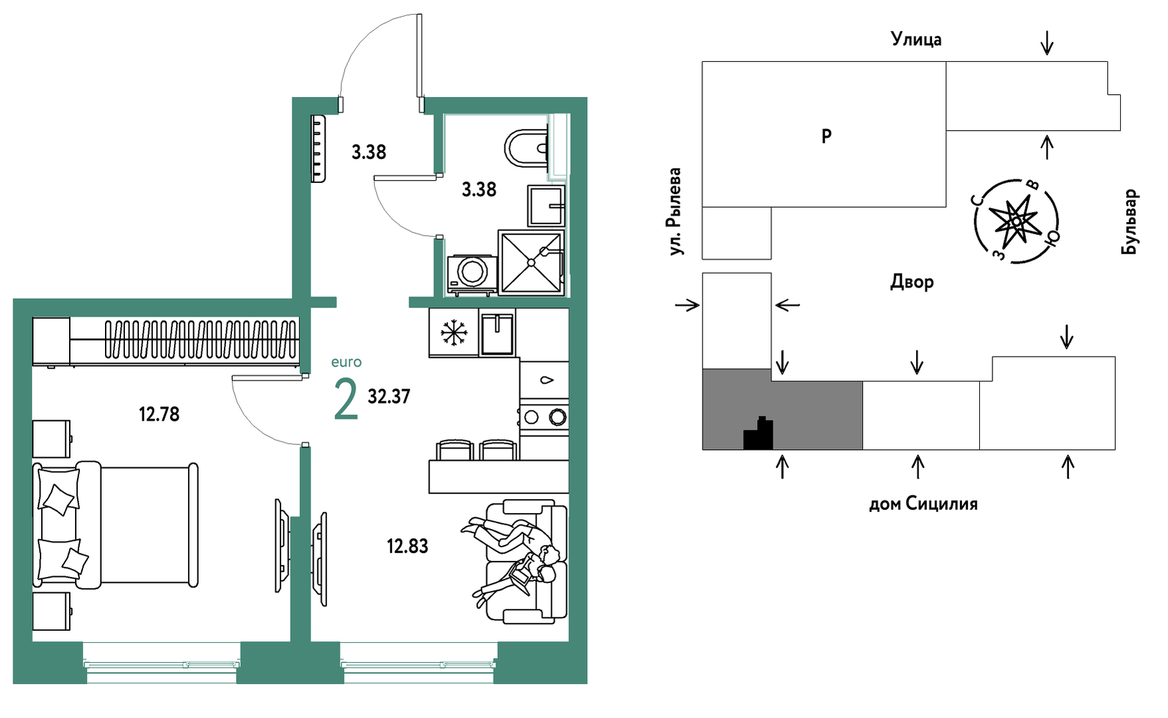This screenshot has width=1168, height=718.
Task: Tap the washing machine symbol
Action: click(472, 274)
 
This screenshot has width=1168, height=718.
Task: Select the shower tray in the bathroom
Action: click(531, 262)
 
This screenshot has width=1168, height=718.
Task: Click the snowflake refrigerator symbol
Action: click(454, 331)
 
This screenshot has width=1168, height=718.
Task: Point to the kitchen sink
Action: click(497, 333)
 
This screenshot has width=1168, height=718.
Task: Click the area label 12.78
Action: click(159, 415)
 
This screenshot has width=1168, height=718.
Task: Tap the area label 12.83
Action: click(408, 546)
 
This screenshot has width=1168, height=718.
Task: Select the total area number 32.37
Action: click(389, 397)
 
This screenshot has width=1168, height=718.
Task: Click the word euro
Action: click(346, 362)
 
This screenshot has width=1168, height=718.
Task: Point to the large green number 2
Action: click(346, 400)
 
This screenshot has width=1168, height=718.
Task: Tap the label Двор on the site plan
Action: click(912, 282)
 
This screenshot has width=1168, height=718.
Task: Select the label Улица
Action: click(916, 39)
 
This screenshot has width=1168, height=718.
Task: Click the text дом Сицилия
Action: click(923, 504)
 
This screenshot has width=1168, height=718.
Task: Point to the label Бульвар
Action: click(1129, 222)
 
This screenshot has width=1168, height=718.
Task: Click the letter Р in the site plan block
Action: click(826, 136)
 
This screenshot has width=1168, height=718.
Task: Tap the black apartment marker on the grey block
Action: click(759, 433)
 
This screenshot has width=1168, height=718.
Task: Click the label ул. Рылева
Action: click(675, 212)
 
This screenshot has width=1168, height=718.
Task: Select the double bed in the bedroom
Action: click(116, 526)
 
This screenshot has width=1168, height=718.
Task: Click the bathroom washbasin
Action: click(546, 206)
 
